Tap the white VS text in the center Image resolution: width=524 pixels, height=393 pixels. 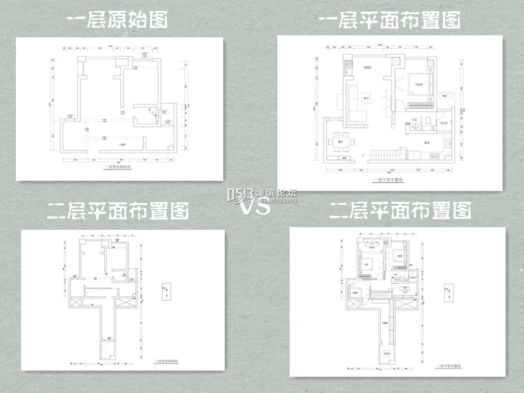coord(255,207)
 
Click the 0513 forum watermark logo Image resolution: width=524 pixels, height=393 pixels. coord(261,195)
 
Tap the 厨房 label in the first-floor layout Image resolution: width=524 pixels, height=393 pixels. coord(426,143)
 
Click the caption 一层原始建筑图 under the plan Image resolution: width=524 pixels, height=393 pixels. coord(118,167)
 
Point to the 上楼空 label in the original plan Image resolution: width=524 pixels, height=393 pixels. coord(122,145)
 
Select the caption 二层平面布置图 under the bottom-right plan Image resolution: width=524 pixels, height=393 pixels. coord(449,366)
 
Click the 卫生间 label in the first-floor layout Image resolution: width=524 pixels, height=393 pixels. coord(444,123)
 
